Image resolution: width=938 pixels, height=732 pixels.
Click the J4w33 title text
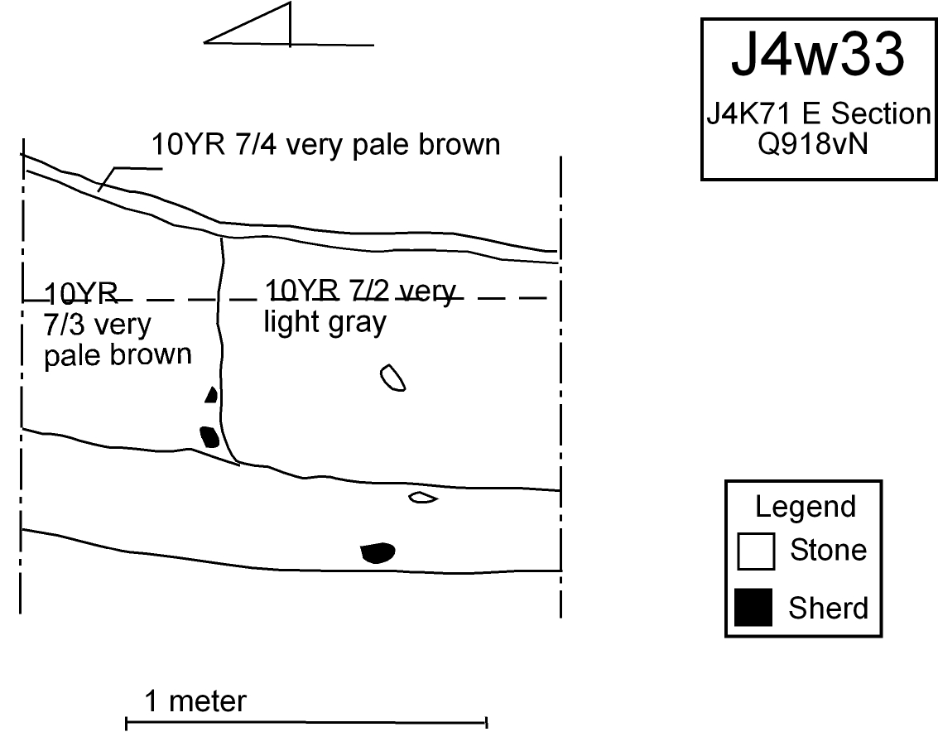click(x=816, y=57)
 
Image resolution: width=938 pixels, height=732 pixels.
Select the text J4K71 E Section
click(x=818, y=113)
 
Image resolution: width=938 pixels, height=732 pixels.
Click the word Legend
click(x=805, y=506)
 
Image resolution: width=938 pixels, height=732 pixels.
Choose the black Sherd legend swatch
click(x=754, y=607)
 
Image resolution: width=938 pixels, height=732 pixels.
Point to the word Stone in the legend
click(x=828, y=550)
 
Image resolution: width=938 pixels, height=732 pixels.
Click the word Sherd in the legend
click(x=828, y=608)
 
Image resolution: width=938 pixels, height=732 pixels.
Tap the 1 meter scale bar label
click(x=195, y=702)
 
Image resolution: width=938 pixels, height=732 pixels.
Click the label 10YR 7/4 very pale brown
click(x=326, y=145)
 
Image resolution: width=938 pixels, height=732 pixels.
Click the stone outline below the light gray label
click(x=392, y=378)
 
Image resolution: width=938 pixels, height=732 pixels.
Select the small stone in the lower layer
click(x=423, y=498)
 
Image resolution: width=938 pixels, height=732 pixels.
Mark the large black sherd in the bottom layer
click(x=378, y=552)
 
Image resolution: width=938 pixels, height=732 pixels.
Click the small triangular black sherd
click(x=212, y=396)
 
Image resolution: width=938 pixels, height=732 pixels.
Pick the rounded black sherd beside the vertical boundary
click(x=209, y=436)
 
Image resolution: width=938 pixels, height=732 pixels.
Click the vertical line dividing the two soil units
click(x=221, y=348)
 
